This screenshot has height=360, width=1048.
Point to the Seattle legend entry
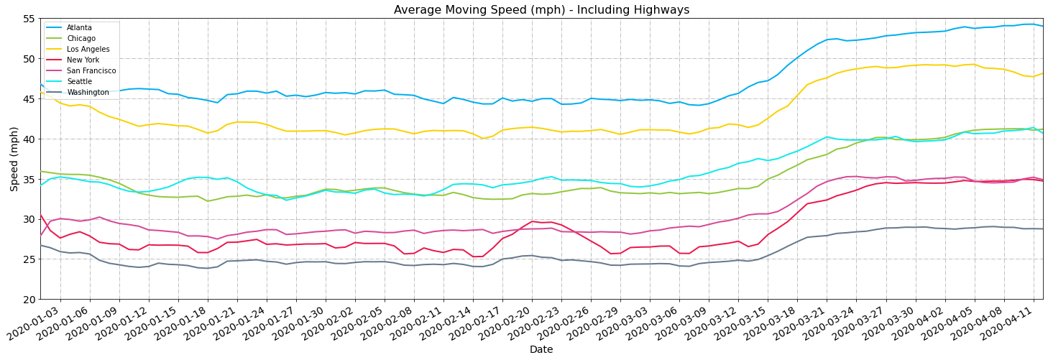(78, 82)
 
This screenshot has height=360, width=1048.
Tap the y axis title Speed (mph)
(14, 159)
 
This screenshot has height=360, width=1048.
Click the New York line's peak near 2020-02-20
(532, 221)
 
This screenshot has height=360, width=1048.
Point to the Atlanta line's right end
(1042, 26)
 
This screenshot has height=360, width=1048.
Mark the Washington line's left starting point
(41, 246)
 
